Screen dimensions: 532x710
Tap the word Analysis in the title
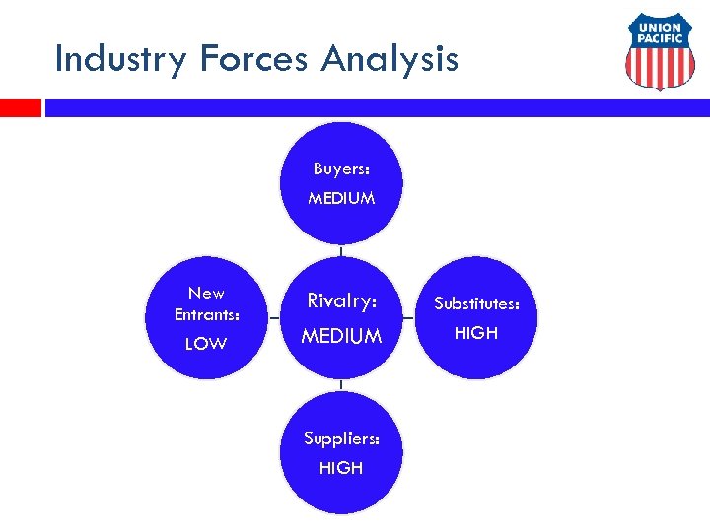tap(390, 59)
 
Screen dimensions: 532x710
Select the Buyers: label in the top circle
tap(341, 168)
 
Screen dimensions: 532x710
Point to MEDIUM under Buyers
tap(341, 198)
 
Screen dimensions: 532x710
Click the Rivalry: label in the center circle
tap(341, 300)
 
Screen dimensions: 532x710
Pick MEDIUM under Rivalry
tap(341, 336)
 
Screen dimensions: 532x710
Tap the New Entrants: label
tap(206, 303)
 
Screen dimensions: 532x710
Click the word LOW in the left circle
tap(206, 343)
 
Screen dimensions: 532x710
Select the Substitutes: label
tap(476, 303)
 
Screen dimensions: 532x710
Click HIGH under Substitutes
tap(476, 333)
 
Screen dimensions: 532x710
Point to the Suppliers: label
tap(341, 438)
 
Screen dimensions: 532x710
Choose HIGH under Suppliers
tap(341, 468)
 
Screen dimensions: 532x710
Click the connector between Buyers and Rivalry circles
tap(341, 250)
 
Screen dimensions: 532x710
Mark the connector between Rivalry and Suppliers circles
tap(341, 386)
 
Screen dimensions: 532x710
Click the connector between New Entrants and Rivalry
tap(273, 318)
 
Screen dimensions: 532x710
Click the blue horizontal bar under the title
tap(375, 106)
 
